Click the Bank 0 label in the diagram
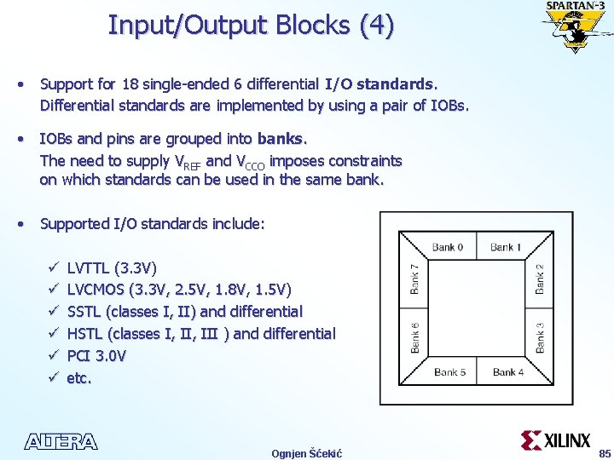(448, 247)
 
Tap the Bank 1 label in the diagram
(507, 247)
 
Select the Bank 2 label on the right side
(540, 279)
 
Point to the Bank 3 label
(540, 338)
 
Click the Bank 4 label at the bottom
(509, 371)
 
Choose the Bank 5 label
(450, 371)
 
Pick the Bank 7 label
(415, 279)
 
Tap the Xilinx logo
(556, 440)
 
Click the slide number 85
(605, 452)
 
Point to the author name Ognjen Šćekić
(306, 453)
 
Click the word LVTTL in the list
(88, 267)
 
